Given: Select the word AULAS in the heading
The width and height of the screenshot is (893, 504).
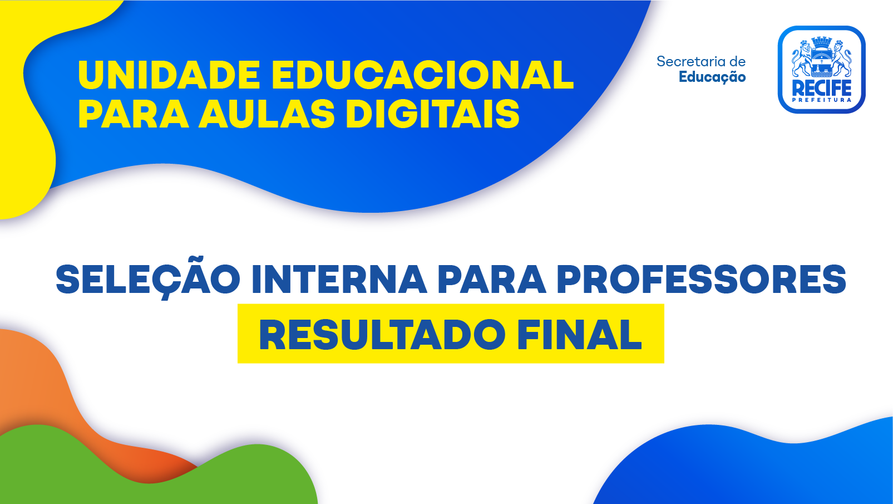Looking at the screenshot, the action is (267, 114).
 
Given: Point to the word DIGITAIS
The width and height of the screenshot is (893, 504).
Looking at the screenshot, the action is (433, 114).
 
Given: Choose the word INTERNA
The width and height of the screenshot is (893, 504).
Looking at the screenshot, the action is (339, 280).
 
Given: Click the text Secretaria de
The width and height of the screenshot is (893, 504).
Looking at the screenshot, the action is (701, 61).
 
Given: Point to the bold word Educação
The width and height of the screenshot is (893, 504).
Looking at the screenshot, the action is (712, 77).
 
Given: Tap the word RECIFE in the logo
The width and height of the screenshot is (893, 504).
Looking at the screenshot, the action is (822, 88).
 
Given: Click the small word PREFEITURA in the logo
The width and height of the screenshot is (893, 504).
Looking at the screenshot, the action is (822, 100).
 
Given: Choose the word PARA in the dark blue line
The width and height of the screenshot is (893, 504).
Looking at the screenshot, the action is (492, 280).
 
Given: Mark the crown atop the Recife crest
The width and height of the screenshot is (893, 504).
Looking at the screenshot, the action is (822, 42).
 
